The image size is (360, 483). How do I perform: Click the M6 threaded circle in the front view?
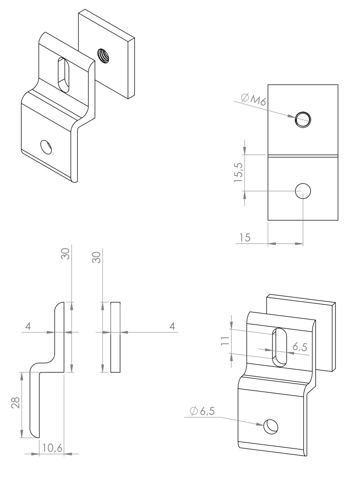coord(302,118)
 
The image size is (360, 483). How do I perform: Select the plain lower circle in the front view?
coord(302,192)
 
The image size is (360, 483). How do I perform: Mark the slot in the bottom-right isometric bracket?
coord(280,347)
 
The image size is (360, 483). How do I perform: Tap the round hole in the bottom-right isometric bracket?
coord(270,426)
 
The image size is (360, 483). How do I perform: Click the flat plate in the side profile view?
coord(115,337)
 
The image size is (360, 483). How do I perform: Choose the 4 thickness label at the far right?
coord(172,326)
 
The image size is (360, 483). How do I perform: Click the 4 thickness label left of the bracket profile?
coord(28,326)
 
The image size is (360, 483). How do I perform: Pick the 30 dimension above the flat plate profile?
coord(96,256)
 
